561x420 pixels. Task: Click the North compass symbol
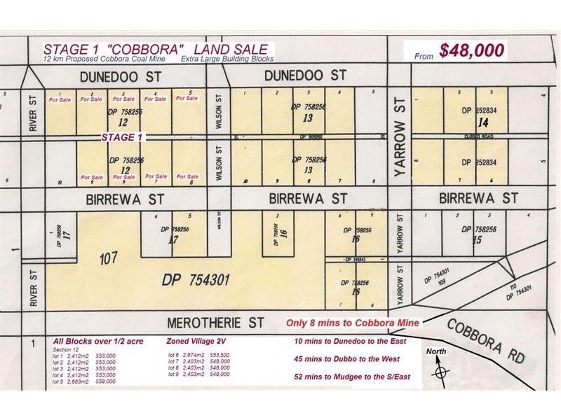tap(439, 370)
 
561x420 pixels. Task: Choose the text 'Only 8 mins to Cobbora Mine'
tap(353, 323)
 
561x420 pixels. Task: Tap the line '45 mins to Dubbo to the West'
tap(347, 359)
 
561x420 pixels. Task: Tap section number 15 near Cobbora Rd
tap(478, 240)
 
